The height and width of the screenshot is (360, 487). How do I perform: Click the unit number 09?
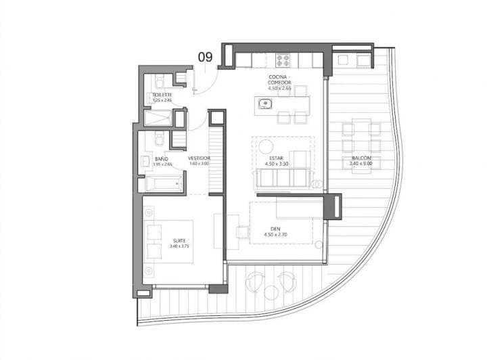(205, 58)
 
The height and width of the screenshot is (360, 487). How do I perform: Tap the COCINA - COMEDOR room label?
(279, 80)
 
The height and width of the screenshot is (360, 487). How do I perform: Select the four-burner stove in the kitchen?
(282, 60)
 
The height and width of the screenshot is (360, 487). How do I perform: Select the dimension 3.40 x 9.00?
(358, 164)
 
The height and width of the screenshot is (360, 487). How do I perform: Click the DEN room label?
(275, 229)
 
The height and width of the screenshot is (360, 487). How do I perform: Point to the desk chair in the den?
(242, 232)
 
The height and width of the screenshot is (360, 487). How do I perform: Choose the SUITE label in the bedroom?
(179, 240)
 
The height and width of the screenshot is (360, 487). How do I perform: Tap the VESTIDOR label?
(200, 158)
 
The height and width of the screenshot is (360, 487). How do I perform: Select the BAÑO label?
(159, 158)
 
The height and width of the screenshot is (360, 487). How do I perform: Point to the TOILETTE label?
(162, 95)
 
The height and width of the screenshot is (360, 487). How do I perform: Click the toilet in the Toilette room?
(159, 83)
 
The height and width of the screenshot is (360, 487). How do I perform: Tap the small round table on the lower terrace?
(271, 292)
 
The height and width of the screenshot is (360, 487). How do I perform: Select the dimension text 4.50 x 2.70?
(277, 235)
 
